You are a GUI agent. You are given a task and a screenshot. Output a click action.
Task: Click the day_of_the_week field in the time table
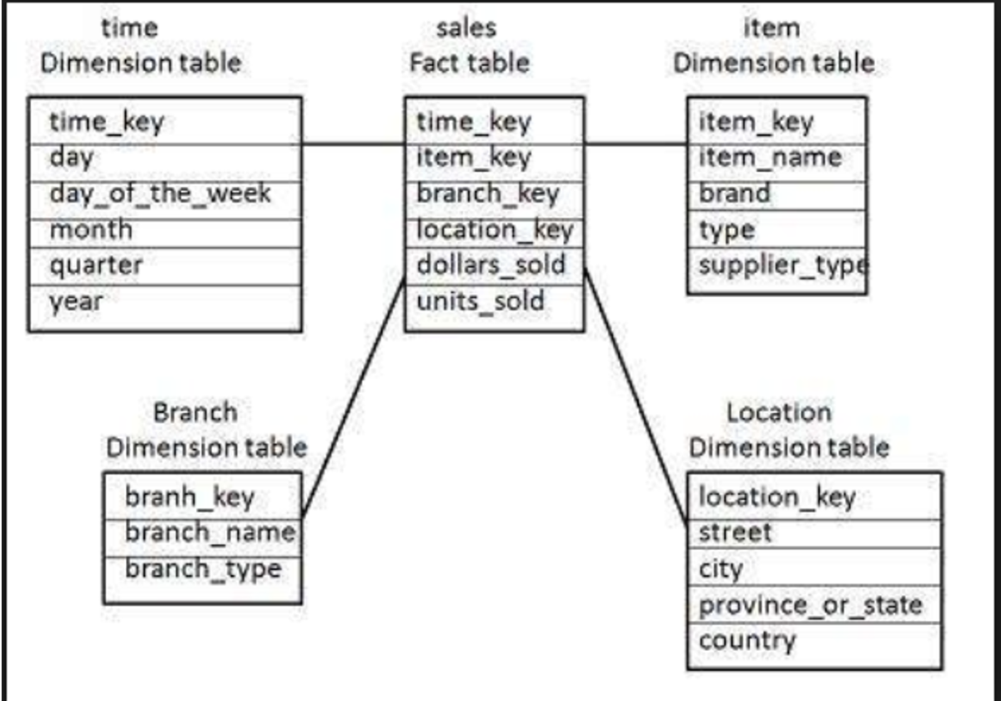(160, 194)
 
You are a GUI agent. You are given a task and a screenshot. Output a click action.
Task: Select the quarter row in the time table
(96, 265)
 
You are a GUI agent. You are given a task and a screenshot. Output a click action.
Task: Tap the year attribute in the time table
(77, 301)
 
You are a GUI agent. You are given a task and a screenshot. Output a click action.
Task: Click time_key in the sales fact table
(473, 123)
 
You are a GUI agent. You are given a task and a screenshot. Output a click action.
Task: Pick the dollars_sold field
(490, 265)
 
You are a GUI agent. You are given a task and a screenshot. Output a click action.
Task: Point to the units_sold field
(480, 301)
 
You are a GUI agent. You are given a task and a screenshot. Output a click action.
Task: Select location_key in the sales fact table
(494, 229)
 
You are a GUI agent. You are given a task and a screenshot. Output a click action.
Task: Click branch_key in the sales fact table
(487, 194)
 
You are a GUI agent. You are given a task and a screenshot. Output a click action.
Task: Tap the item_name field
(769, 158)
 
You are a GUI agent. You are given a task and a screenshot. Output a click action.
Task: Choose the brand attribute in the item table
(734, 194)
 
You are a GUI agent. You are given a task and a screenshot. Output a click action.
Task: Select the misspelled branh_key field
(189, 497)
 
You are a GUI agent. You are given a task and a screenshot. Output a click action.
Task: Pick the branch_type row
(203, 569)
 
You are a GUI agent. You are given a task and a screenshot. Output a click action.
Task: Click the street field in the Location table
(735, 532)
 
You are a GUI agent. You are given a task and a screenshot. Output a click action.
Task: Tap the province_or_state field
(809, 605)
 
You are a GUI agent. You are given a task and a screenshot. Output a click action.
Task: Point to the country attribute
(747, 641)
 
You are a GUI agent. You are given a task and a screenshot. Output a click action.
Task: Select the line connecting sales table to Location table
(636, 396)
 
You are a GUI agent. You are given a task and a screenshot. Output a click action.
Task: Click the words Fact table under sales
(469, 63)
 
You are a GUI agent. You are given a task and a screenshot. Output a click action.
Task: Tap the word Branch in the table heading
(195, 412)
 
